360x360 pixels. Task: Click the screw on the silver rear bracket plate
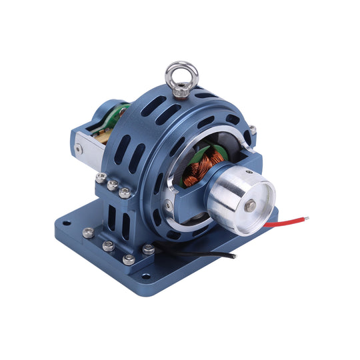click(79, 149)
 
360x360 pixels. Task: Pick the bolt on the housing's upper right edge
click(253, 130)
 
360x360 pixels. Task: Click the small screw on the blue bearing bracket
click(169, 207)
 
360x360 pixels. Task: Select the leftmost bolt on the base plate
click(88, 232)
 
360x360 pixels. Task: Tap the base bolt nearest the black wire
click(148, 249)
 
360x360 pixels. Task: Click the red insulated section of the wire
click(280, 223)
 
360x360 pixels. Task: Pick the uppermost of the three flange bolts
click(101, 177)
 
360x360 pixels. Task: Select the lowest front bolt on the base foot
click(129, 259)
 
